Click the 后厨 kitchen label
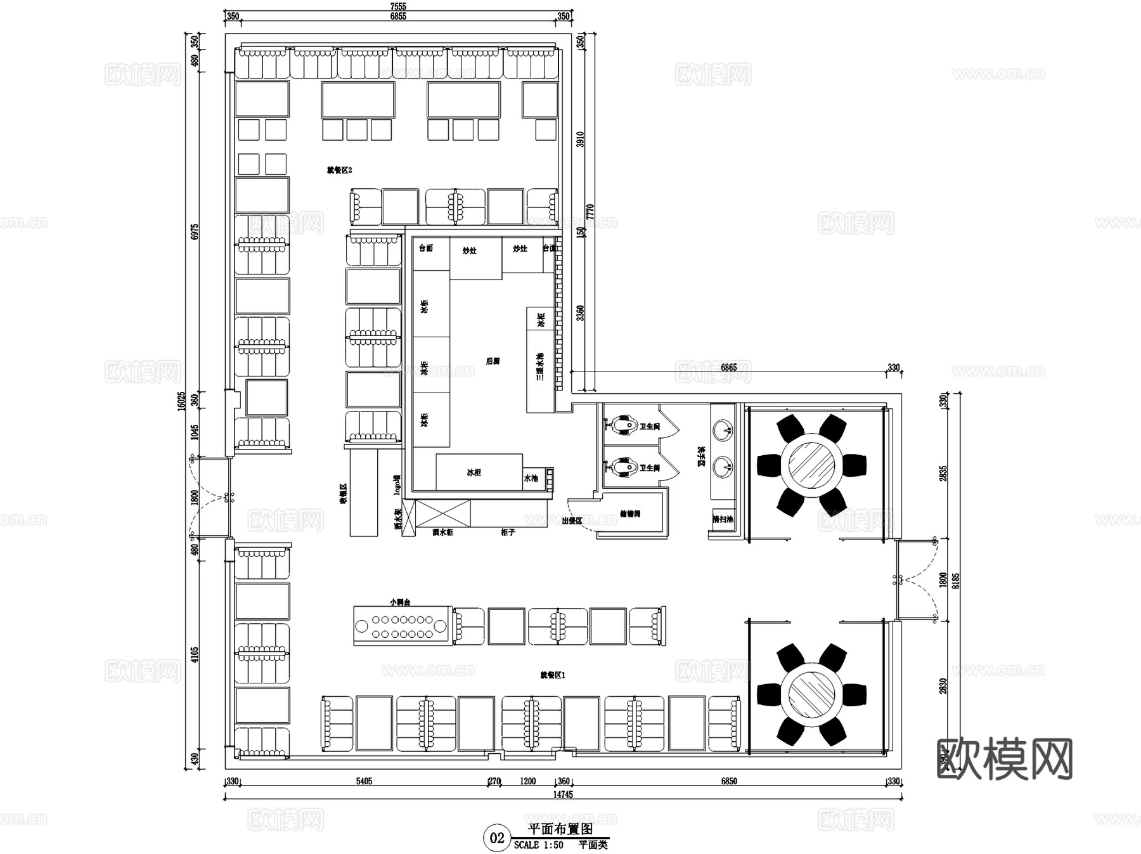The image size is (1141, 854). tap(493, 361)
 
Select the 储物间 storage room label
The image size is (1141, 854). tap(630, 514)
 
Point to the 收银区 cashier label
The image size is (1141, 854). tap(343, 494)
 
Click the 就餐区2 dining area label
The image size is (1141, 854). tap(339, 170)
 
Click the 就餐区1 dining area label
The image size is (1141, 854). tap(552, 675)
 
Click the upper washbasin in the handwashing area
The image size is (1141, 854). tap(722, 430)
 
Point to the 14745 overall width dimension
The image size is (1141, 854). tap(562, 794)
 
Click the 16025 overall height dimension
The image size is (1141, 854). tap(182, 401)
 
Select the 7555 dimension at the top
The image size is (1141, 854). tap(398, 6)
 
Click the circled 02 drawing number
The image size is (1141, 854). tap(497, 838)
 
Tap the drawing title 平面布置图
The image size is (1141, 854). tap(560, 829)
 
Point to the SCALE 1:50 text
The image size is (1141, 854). tap(538, 845)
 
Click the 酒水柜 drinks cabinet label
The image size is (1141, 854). tap(442, 533)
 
